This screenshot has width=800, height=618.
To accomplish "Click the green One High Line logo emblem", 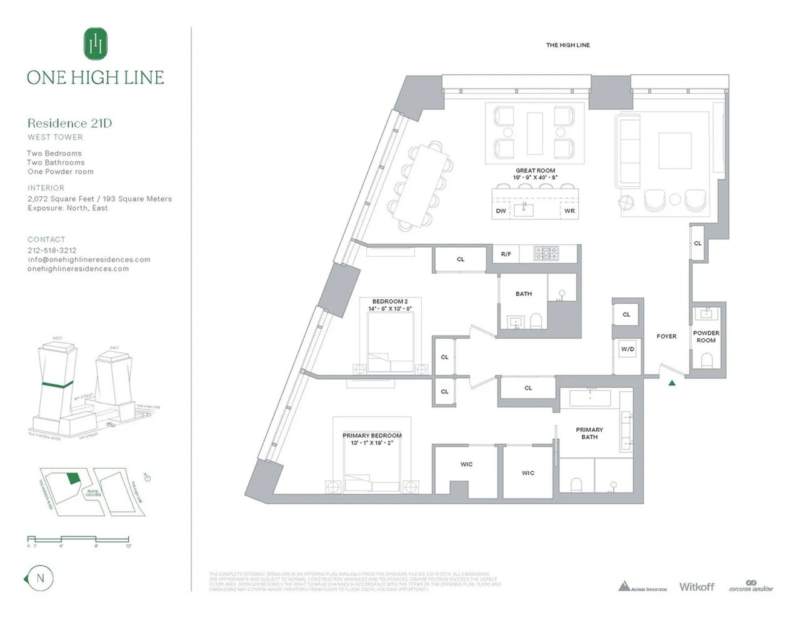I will point(96,43).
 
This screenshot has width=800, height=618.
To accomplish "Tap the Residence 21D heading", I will point(69,123).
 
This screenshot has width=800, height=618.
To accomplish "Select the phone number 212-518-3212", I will point(52,251).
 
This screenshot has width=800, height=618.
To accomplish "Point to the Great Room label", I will point(535,171).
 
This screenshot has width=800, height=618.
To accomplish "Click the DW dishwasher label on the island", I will point(501,211).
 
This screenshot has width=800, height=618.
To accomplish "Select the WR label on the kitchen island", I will point(569,211).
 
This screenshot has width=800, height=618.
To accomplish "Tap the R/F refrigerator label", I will point(506,254).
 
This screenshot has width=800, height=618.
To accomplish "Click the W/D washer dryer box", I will point(627,349).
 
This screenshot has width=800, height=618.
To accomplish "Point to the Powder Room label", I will point(706,337).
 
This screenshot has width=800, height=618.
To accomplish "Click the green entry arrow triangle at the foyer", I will point(672,383).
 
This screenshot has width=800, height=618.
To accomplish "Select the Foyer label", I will point(666,336).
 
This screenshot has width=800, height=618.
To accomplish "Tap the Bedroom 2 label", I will point(390,301).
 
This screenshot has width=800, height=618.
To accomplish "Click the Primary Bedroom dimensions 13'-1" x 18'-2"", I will point(372,443).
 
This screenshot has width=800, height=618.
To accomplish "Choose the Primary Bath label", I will point(589,433).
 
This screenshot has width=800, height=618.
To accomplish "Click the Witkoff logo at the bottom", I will point(696,586).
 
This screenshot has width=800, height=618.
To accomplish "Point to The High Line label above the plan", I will point(567,45).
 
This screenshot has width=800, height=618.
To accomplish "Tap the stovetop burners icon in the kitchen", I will point(546,253).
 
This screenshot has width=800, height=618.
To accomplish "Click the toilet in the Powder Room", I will point(707,361).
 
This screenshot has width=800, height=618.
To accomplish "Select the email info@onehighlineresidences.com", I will point(89,259).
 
